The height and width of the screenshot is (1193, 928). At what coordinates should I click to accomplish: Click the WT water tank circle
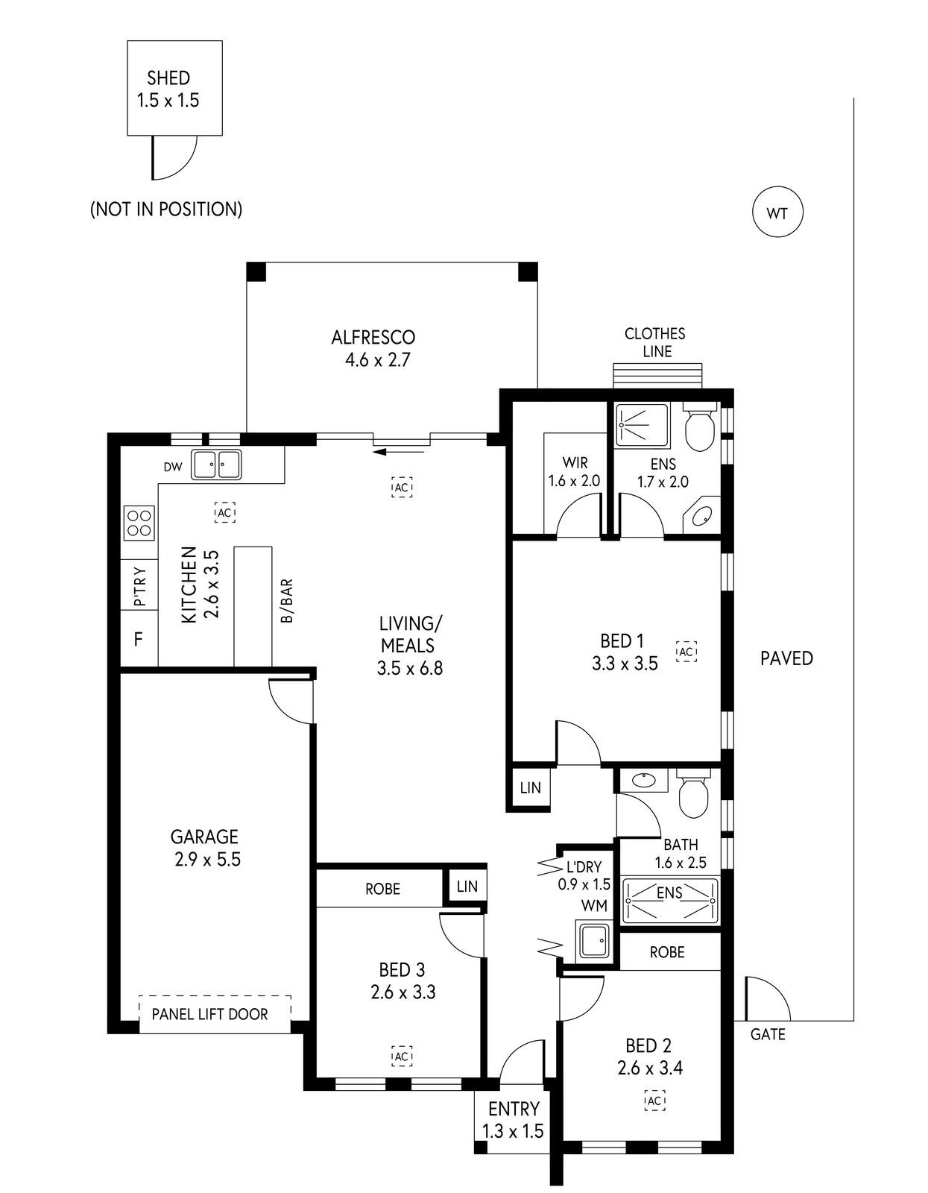click(x=777, y=213)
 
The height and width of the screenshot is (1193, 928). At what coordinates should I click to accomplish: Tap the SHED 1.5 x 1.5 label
click(x=168, y=89)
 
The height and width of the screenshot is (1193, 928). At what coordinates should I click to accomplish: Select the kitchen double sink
click(x=216, y=465)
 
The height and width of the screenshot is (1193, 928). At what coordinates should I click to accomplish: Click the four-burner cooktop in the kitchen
click(x=139, y=522)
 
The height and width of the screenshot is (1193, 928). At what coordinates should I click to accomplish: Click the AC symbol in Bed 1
click(x=686, y=651)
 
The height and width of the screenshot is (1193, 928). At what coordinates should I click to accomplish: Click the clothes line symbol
click(x=657, y=375)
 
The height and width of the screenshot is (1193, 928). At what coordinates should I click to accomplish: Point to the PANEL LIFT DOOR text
click(x=209, y=1014)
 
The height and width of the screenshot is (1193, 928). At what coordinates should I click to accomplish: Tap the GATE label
click(x=768, y=1034)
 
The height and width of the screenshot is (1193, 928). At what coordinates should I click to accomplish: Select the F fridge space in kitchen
click(x=139, y=639)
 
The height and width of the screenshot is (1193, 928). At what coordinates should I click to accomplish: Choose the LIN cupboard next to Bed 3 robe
click(x=467, y=887)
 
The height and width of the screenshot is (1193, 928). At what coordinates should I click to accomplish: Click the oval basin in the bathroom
click(x=642, y=781)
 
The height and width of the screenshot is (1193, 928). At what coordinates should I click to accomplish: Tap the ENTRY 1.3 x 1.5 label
click(x=513, y=1120)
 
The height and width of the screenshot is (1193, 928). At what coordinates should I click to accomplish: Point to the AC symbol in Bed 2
click(x=655, y=1101)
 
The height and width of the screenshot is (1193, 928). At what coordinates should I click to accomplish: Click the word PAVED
click(x=786, y=658)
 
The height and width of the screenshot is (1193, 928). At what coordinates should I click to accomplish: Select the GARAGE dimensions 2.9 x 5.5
click(x=207, y=859)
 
